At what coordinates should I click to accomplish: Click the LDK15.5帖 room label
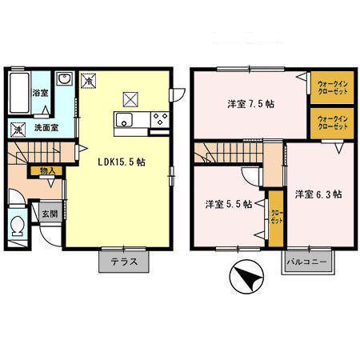122,162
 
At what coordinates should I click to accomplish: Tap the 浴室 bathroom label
40,93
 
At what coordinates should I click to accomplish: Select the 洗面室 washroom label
46,128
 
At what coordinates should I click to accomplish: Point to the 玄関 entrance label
50,214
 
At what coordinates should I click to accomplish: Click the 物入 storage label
47,171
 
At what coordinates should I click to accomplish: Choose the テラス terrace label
124,262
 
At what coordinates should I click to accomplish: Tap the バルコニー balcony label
306,262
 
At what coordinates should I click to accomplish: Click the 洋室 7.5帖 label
250,104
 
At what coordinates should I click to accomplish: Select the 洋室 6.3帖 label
318,194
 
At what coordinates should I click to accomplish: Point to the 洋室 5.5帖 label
229,204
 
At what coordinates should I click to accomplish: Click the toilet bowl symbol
18,226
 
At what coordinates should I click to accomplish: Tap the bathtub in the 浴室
19,92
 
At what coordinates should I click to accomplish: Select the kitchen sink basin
124,120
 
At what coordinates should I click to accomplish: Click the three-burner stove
160,119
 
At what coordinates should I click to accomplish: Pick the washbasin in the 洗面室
64,78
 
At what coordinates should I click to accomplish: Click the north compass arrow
247,278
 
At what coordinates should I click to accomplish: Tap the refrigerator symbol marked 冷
88,80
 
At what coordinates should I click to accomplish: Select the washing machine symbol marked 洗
18,130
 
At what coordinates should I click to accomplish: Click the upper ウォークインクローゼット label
333,87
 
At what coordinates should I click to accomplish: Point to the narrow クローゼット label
276,217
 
